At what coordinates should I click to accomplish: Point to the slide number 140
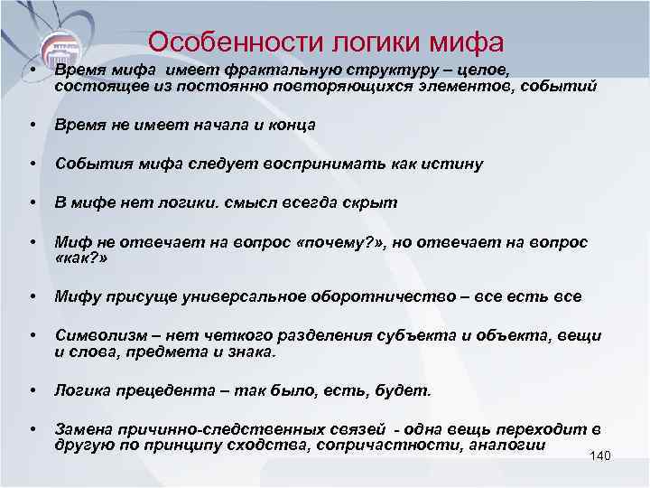click(x=599, y=455)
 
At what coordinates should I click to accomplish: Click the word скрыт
click(x=371, y=202)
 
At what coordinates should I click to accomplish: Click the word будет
click(x=407, y=390)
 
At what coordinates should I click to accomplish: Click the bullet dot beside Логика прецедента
click(x=32, y=390)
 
